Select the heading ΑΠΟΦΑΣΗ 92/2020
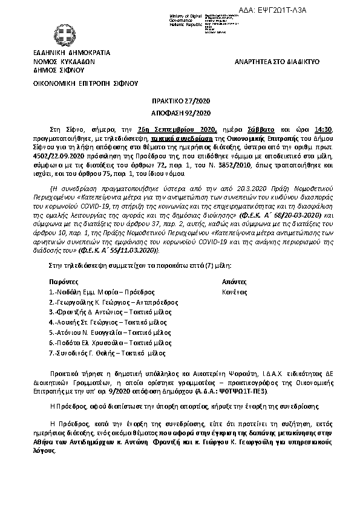click(180, 113)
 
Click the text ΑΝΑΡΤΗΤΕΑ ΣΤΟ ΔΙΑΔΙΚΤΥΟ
click(277, 62)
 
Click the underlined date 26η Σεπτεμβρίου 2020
click(177, 129)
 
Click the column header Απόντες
click(235, 281)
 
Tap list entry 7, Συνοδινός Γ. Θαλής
click(99, 353)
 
